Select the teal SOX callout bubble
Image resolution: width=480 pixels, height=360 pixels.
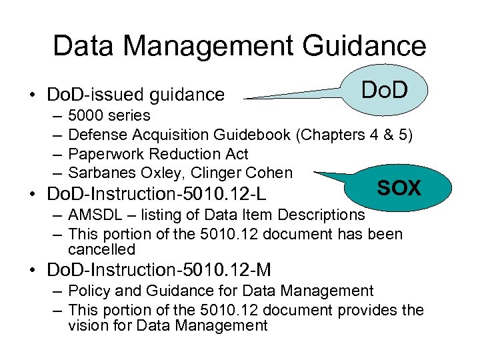tap(399, 188)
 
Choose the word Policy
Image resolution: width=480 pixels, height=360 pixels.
tap(89, 291)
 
